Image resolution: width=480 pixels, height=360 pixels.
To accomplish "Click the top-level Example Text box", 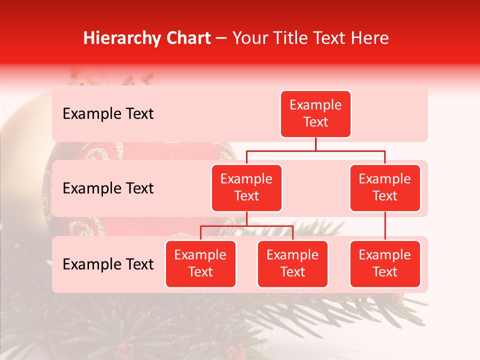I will [315, 114].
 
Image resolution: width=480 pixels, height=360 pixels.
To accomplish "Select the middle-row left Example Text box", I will [246, 188].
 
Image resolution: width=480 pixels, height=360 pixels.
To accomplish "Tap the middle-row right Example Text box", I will [385, 188].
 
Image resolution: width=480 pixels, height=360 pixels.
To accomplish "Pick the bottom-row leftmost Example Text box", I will [200, 264].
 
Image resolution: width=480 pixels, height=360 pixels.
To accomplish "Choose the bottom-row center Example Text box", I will [292, 264].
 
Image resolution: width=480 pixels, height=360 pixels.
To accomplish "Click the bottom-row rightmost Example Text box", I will [385, 264].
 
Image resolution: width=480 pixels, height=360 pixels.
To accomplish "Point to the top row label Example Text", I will [108, 114].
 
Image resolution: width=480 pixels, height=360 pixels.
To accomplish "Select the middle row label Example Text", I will [108, 188].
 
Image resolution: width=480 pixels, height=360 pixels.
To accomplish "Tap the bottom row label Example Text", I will [108, 264].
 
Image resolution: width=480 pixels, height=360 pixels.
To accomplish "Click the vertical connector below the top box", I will [315, 144].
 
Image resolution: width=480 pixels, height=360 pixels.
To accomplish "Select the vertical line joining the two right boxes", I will [385, 226].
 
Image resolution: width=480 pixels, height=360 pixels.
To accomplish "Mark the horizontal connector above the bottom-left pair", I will [246, 226].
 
